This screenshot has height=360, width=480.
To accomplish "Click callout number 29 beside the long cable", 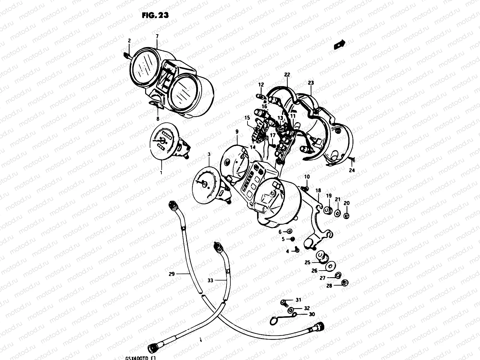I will [172, 274].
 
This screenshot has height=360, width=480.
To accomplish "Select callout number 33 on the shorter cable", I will [210, 280].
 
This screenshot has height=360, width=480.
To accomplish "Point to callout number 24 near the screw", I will [352, 170].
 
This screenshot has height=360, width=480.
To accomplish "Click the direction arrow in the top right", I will [339, 44].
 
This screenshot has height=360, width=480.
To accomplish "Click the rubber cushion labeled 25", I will [323, 257].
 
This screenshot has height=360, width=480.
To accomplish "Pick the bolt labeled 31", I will [283, 302].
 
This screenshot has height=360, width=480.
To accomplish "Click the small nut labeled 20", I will [346, 215].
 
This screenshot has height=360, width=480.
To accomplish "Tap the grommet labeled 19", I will [328, 211].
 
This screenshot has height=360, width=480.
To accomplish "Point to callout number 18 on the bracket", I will [318, 190].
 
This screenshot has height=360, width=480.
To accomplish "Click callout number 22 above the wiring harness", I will [287, 75].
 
